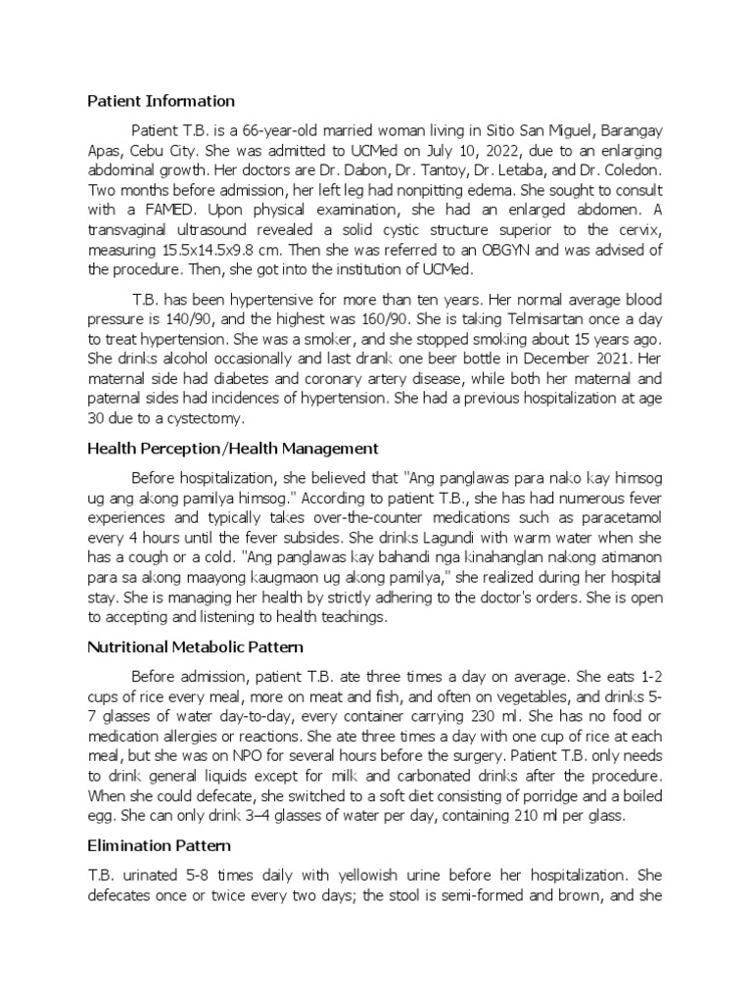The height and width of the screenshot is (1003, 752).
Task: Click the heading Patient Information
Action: tap(162, 101)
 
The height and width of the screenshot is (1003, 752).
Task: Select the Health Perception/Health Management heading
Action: tap(233, 448)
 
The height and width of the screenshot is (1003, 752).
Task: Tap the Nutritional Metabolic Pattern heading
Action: tap(196, 647)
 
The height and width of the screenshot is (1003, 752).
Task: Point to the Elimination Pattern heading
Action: tap(160, 844)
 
